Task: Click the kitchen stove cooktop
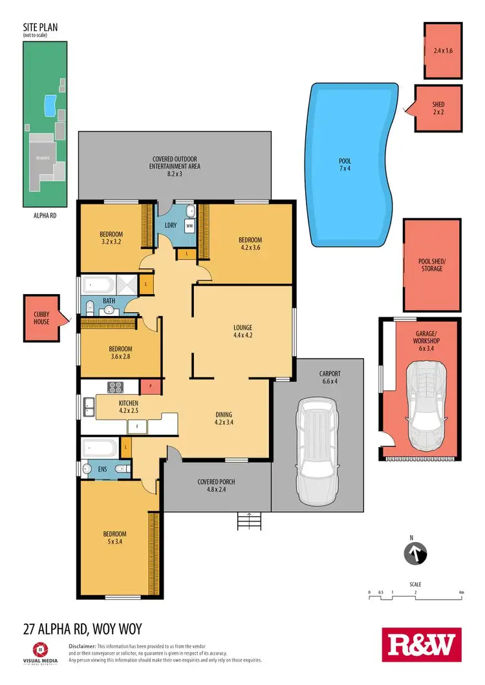[115, 388]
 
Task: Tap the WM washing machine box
[189, 226]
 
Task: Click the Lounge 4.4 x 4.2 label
[242, 331]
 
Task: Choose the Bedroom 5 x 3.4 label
[114, 538]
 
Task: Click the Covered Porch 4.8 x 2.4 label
[217, 485]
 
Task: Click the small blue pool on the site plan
[48, 105]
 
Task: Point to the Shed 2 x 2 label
[438, 108]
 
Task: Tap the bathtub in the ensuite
[100, 448]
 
